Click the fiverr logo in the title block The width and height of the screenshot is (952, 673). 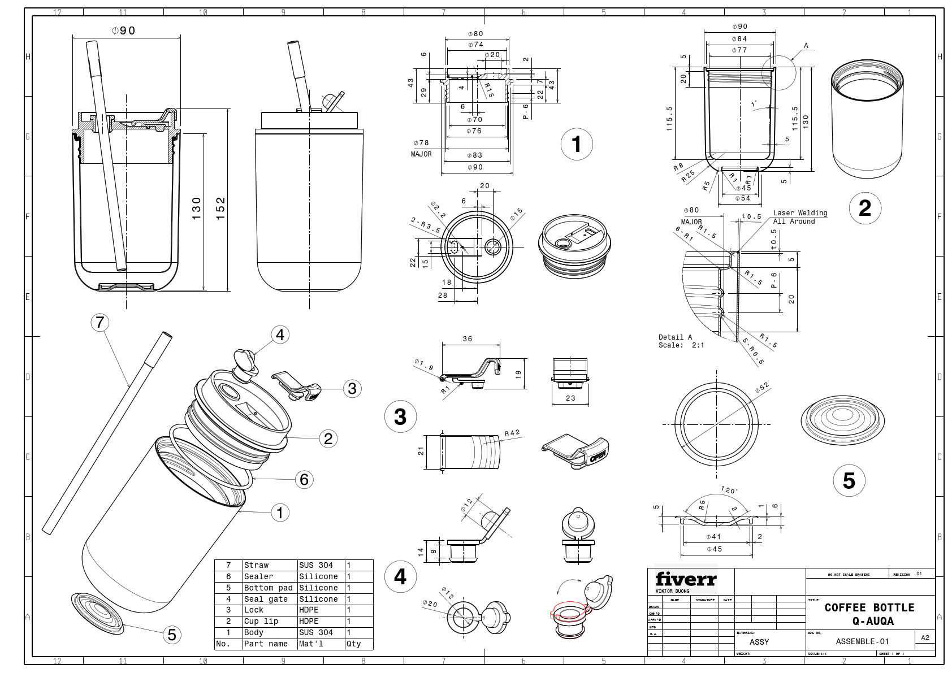coord(686,579)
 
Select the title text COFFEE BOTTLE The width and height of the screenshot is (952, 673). coord(869,607)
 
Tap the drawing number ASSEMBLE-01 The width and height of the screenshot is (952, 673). coord(862,641)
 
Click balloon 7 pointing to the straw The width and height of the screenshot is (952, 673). coord(100,323)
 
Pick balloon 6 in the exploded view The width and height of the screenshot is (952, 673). coord(304,480)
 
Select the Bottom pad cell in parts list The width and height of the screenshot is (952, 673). coord(269,588)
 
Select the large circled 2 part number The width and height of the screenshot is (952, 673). coord(864,209)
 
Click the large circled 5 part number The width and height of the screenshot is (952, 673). coord(849,480)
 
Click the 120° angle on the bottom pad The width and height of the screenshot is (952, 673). coord(729,490)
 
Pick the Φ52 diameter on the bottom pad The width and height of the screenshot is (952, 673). coord(762,388)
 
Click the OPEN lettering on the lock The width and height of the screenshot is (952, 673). coord(598,455)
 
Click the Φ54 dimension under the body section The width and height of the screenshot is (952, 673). coord(742,198)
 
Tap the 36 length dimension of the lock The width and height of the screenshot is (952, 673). coord(468,339)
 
